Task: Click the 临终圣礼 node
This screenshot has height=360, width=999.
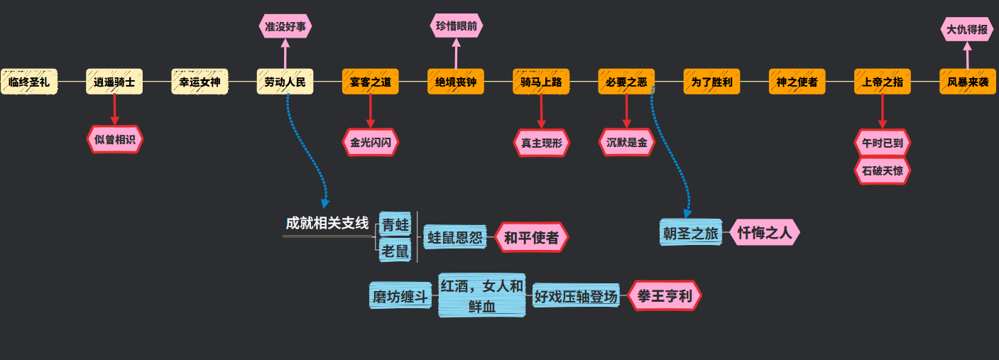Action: tap(29, 82)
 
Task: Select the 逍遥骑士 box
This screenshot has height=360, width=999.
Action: tap(114, 82)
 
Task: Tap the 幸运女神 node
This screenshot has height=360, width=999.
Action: tap(200, 82)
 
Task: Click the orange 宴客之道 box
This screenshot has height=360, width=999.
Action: tap(370, 82)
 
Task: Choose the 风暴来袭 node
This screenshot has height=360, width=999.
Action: tap(968, 82)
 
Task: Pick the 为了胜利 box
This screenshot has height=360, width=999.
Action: tap(711, 82)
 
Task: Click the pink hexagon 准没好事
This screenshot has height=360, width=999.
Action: tap(285, 27)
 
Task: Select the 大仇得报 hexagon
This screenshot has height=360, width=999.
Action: tap(967, 30)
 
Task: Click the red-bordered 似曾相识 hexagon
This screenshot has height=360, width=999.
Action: tap(114, 139)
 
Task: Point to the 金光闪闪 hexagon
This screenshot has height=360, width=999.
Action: tap(370, 142)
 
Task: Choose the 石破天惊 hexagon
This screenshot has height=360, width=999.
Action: tap(883, 170)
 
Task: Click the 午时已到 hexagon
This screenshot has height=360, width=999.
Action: tap(883, 143)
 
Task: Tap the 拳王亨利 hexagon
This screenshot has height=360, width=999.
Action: tap(665, 296)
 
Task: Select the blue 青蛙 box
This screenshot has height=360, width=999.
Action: tap(395, 225)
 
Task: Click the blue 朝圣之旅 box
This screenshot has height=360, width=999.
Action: tap(690, 233)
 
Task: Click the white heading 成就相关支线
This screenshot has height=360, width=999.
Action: tap(327, 223)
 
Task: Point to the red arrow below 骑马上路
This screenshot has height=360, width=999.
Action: tap(541, 111)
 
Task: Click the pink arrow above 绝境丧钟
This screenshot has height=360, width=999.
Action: tap(456, 54)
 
